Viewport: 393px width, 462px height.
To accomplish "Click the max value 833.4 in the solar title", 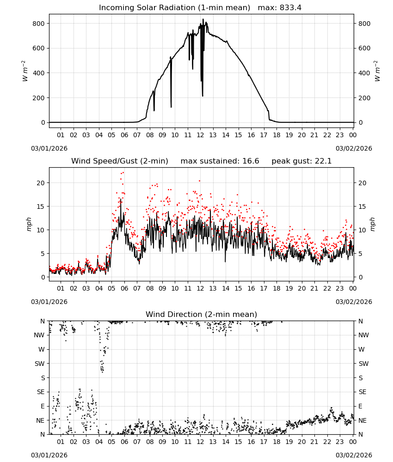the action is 290,8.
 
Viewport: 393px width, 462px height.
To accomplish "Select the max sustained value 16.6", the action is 251,161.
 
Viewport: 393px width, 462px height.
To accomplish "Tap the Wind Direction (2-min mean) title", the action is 202,314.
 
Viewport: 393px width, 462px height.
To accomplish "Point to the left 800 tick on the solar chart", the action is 39,24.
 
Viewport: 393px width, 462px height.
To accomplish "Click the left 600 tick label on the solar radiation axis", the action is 39,49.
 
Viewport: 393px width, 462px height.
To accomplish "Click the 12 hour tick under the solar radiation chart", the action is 200,135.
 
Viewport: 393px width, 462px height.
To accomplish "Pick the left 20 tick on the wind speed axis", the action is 41,183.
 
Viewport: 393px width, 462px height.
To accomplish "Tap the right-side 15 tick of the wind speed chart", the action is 362,207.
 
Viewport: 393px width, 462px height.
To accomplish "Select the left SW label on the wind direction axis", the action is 39,364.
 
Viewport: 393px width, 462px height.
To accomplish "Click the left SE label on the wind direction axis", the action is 41,392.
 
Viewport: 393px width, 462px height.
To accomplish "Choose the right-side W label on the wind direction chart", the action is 362,349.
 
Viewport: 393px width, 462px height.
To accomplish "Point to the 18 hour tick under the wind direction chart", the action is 276,442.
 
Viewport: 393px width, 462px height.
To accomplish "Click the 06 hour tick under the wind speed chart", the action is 124,288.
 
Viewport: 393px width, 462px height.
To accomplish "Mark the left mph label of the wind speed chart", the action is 29,224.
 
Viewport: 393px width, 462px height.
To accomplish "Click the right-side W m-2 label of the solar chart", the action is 377,71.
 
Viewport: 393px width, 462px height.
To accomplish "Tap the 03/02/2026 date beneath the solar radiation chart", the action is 354,148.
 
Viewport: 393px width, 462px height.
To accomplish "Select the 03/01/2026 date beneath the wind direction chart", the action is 49,455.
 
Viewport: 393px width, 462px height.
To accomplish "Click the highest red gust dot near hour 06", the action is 123,173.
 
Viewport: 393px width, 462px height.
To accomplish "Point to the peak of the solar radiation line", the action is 203,19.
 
